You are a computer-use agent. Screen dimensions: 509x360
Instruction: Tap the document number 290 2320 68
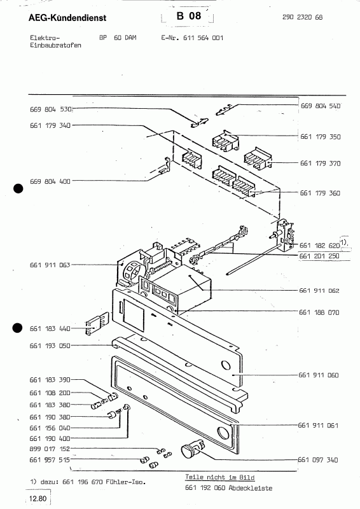pyautogui.click(x=302, y=17)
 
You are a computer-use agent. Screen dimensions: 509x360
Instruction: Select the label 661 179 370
pyautogui.click(x=319, y=164)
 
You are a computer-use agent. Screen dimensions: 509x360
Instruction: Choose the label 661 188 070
pyautogui.click(x=319, y=312)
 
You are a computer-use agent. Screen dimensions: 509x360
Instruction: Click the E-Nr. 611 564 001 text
pyautogui.click(x=191, y=38)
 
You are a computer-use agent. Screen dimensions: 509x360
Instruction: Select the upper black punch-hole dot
pyautogui.click(x=18, y=188)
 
